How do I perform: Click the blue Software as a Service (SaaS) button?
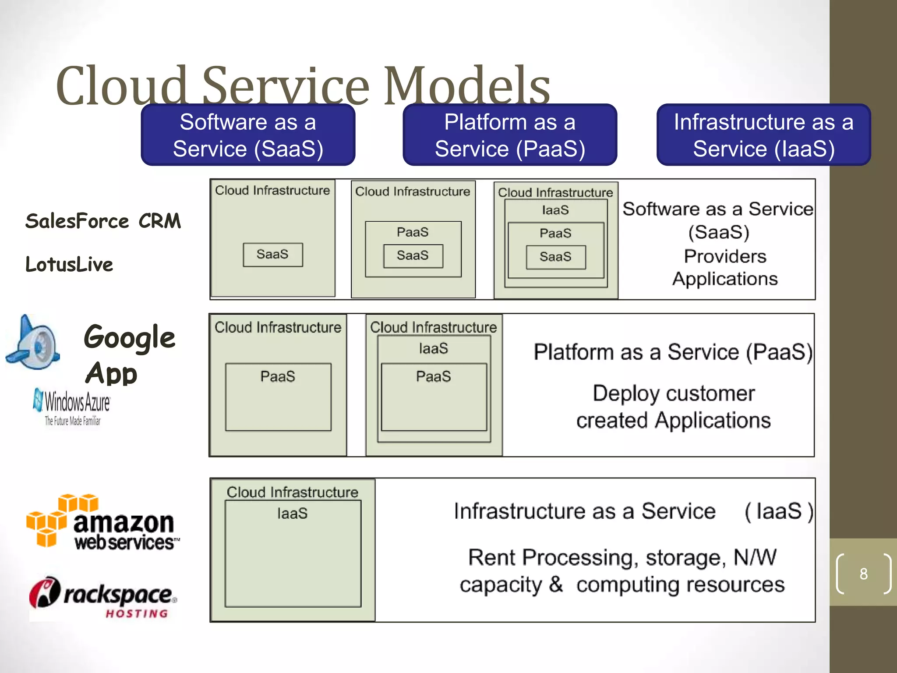point(248,135)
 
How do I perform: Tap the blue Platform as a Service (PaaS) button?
point(510,135)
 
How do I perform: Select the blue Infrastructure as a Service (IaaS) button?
point(763,135)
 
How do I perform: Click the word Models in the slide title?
point(467,86)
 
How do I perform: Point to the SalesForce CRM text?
point(103,221)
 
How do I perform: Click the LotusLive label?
point(69,264)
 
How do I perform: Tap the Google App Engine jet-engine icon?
point(33,343)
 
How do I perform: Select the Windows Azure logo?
point(73,407)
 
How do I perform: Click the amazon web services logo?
point(103,522)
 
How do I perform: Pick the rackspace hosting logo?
point(103,597)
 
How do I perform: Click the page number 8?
point(863,574)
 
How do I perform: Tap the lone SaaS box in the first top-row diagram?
point(273,255)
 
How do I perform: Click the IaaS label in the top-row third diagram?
point(555,210)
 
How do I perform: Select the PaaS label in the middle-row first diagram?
point(278,376)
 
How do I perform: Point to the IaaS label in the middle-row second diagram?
point(433,348)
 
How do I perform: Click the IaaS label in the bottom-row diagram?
point(292,513)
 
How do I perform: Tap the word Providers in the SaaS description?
point(725,256)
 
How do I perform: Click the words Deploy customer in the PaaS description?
point(674,393)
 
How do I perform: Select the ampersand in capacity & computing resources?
point(555,584)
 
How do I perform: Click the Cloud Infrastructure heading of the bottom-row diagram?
point(292,492)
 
